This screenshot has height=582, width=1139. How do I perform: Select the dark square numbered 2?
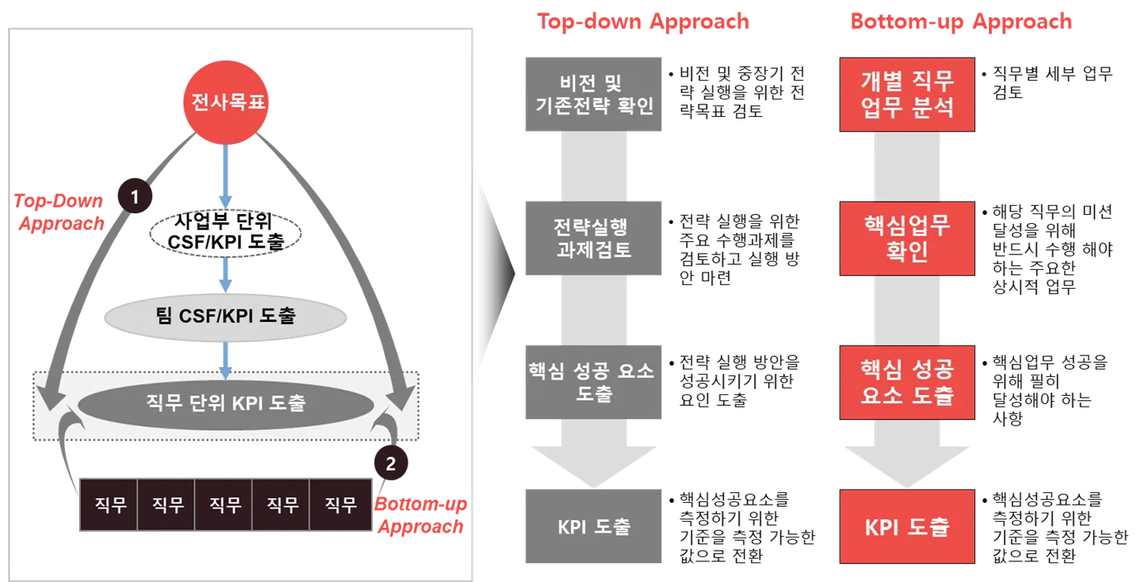(390, 463)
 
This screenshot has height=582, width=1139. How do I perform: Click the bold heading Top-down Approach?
(643, 21)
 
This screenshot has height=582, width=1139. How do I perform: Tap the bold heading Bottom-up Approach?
(961, 21)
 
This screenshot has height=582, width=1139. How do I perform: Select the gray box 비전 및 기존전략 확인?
(592, 93)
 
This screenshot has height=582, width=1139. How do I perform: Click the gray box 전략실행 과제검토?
(592, 238)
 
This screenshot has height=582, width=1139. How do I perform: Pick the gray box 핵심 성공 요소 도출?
(592, 382)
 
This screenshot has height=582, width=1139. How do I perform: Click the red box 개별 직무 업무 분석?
(906, 93)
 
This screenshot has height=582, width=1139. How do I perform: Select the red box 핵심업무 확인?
(906, 238)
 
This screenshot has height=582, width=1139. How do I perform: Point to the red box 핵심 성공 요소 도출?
(906, 382)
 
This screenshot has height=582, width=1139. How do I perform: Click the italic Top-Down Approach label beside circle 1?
(60, 211)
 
